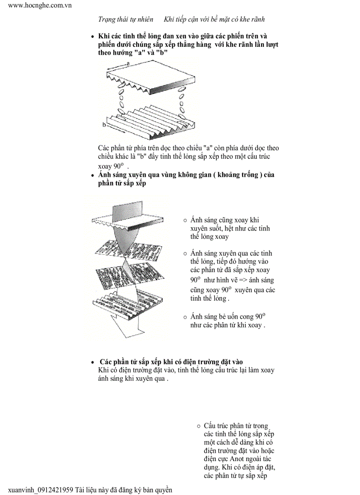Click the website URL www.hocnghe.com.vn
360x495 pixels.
40,5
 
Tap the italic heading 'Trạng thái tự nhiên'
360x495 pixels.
126,19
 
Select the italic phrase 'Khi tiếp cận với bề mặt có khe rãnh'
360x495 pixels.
214,19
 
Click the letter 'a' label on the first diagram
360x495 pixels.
127,64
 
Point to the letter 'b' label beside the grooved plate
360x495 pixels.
104,125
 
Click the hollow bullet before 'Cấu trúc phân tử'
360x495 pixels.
199,426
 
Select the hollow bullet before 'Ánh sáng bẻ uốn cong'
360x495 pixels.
185,317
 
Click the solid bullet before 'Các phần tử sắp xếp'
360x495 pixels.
93,363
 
